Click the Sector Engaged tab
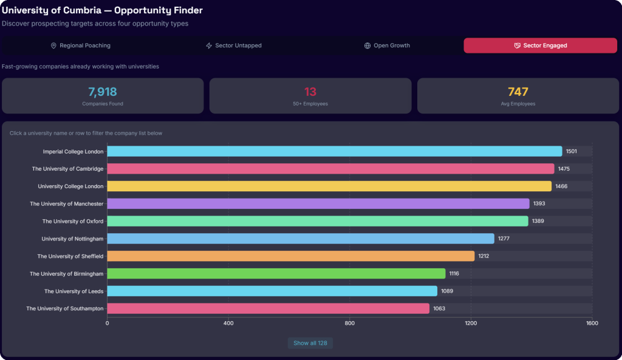tap(540, 46)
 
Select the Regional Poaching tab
tap(81, 46)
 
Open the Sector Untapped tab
tap(234, 46)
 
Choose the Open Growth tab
tap(387, 46)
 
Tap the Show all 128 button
tap(310, 343)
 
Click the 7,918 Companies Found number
tap(102, 92)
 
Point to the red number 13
tap(310, 92)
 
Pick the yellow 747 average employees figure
tap(518, 92)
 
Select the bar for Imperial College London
tap(335, 151)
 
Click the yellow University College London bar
tap(329, 186)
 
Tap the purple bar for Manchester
tap(318, 203)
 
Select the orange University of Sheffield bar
tap(291, 256)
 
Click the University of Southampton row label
tap(64, 308)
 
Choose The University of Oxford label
tap(73, 221)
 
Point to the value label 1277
tap(504, 239)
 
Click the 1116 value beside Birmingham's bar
tap(454, 273)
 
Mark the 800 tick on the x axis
tap(349, 323)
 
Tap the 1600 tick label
tap(592, 323)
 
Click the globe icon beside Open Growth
tap(367, 46)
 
